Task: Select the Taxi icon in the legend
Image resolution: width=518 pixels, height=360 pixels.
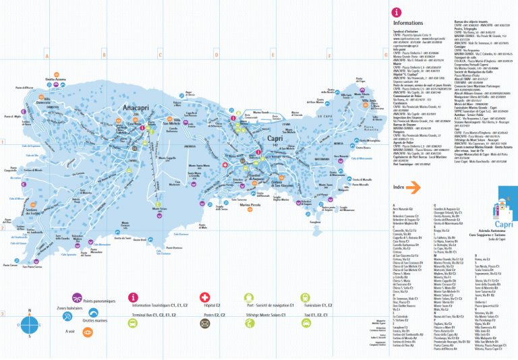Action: [306, 323]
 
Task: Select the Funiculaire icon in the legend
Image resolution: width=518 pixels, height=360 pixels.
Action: [306, 297]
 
